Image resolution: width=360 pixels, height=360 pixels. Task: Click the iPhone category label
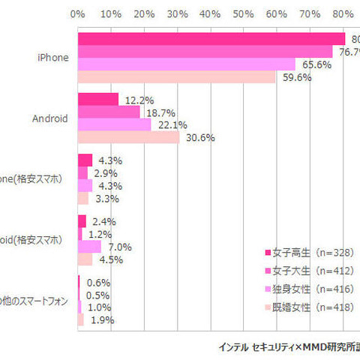[x=53, y=57]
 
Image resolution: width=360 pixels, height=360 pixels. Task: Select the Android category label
[x=51, y=118]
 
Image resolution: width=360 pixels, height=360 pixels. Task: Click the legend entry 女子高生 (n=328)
[x=308, y=253]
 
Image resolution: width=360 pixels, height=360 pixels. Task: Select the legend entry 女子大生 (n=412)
[x=308, y=271]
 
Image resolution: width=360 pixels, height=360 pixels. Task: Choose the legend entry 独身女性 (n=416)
[x=308, y=289]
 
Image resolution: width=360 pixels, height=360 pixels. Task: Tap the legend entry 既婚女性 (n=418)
[x=308, y=307]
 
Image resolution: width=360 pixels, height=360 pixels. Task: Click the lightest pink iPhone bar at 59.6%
[x=176, y=76]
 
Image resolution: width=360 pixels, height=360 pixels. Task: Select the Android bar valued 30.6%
[x=128, y=137]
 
